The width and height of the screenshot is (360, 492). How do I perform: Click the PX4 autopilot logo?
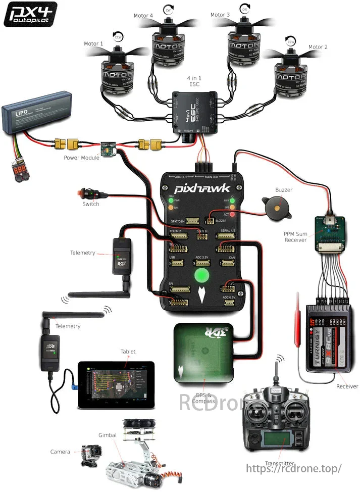tap(30, 14)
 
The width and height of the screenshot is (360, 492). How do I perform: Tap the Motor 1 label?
tap(94, 44)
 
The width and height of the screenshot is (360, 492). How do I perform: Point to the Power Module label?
tap(81, 158)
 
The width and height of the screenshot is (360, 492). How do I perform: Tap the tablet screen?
tap(116, 384)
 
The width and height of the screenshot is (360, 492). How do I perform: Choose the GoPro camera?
tap(91, 456)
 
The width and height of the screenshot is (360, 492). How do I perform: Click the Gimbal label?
tap(107, 435)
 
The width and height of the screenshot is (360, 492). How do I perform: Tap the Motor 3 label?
tap(221, 15)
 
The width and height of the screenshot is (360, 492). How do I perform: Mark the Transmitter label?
tap(279, 463)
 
